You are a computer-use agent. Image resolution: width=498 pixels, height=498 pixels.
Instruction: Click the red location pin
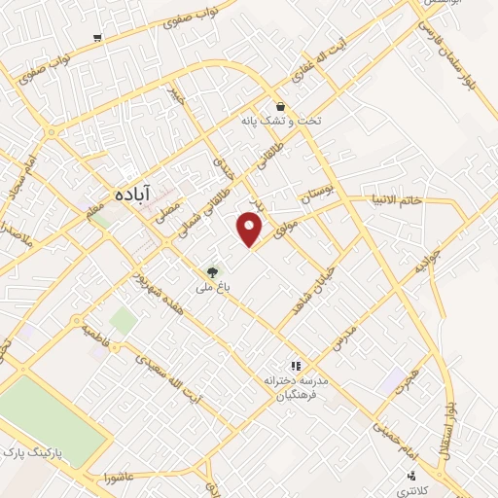251,228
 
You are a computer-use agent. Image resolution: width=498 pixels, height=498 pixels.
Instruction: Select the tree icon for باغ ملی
213,271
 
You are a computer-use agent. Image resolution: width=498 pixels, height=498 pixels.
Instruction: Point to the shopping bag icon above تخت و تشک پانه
280,107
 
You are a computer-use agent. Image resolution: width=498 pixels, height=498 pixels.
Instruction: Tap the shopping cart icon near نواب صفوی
97,38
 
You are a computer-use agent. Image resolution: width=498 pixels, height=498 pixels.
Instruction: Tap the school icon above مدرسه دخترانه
296,366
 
